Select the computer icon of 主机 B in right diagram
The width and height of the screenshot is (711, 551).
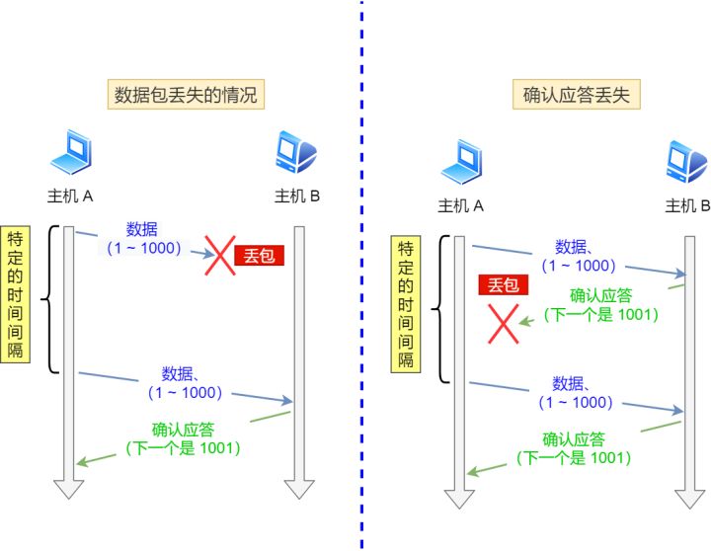point(687,162)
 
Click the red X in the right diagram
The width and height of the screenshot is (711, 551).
point(504,324)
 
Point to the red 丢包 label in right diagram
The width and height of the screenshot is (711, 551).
point(503,285)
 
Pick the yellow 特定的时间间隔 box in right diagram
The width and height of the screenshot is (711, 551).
point(405,304)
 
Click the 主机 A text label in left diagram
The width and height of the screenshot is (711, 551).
point(70,196)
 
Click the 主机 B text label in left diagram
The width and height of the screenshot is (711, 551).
point(297,196)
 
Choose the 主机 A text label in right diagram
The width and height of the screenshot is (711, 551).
point(461,205)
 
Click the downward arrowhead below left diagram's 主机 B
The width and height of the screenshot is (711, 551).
point(299,488)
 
